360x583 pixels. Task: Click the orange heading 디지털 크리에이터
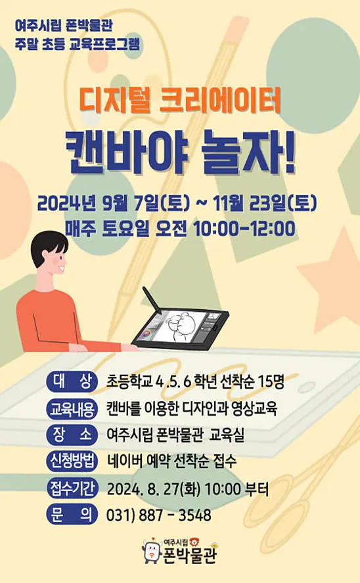180,102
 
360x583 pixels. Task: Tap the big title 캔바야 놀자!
180,153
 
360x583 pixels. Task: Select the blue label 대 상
72,381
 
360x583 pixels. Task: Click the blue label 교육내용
72,408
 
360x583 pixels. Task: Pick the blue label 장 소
72,435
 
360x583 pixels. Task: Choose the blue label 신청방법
72,461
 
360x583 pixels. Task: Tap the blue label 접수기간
72,488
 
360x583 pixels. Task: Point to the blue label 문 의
72,515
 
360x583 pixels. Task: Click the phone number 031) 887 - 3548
159,515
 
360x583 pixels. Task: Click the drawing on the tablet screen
181,324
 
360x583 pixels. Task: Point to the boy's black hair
46,246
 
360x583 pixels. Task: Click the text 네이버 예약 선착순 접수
171,462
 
